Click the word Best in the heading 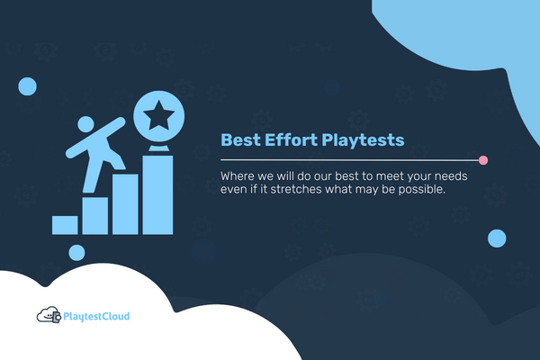point(239,140)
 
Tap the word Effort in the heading point(290,140)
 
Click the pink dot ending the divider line point(483,160)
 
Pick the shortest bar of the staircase point(65,224)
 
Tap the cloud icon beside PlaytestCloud point(48,316)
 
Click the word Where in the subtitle point(238,175)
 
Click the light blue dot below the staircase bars point(76,253)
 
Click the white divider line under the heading point(351,160)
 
